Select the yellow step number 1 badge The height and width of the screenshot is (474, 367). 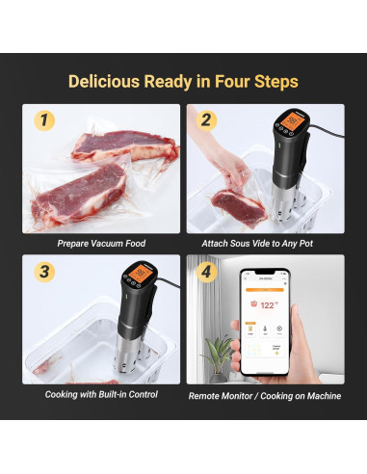tap(44, 120)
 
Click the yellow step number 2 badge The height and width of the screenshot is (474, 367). tap(206, 120)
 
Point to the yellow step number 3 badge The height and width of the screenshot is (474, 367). tap(44, 273)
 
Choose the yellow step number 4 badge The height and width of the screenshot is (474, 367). tap(206, 273)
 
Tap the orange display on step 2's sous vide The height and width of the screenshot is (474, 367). tap(287, 123)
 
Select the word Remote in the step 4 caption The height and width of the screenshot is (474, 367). tap(210, 394)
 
